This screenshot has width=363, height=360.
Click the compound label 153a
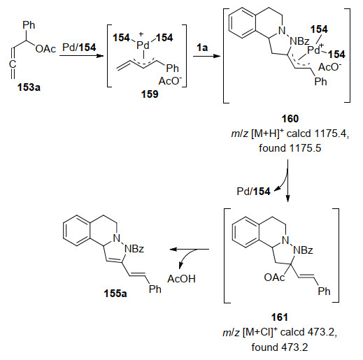[29, 87]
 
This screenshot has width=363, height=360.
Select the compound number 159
[150, 94]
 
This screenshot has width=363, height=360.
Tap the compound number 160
[290, 119]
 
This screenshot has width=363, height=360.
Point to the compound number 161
[280, 317]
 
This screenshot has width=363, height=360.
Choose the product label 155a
[115, 294]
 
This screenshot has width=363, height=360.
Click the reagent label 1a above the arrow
[202, 48]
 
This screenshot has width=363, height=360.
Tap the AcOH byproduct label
[181, 279]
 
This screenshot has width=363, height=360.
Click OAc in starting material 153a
[46, 49]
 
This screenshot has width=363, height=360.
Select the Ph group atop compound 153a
[29, 25]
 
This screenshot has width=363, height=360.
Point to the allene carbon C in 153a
[13, 64]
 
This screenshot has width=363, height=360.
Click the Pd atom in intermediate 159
[143, 45]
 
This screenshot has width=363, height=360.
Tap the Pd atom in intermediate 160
[313, 50]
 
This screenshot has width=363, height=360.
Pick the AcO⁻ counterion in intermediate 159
[170, 81]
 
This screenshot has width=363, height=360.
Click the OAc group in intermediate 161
[274, 278]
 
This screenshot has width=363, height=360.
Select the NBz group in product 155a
[134, 249]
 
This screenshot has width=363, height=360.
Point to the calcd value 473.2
[322, 332]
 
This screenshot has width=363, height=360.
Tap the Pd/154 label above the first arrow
[79, 48]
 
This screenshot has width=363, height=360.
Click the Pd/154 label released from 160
[253, 192]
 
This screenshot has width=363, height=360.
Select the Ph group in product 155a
[155, 289]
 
